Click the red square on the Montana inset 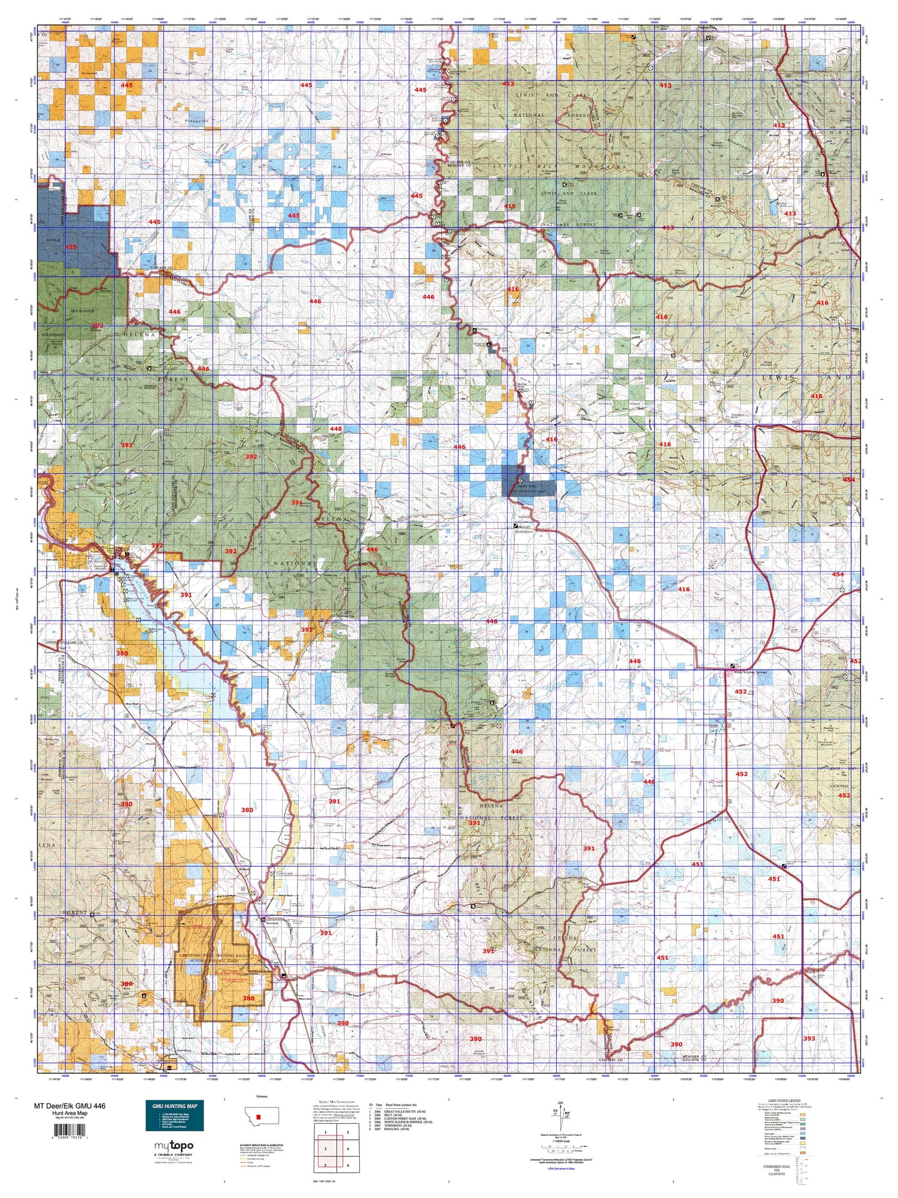click(260, 1117)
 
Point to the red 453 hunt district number click(70, 246)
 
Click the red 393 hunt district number click(809, 1039)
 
